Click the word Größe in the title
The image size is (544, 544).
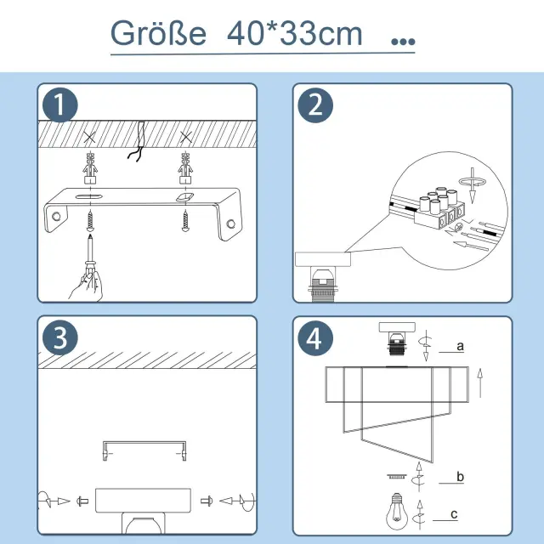(158, 33)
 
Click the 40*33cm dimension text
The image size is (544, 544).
(295, 33)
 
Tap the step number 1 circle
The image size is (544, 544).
(60, 105)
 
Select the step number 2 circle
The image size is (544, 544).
(315, 105)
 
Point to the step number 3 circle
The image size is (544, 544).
(60, 337)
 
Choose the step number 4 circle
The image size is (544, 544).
(315, 338)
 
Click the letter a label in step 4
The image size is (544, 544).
(460, 346)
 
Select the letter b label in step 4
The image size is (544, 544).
(460, 476)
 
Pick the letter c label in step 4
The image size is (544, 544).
(454, 514)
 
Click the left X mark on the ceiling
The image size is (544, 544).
(90, 138)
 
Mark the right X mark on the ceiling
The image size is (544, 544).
(186, 138)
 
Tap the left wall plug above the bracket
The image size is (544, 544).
(90, 168)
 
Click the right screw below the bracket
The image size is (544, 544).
(185, 221)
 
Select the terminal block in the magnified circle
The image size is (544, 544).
(440, 207)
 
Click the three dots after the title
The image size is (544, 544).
(403, 42)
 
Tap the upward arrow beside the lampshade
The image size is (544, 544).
(480, 383)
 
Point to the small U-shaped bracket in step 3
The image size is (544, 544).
(144, 443)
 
